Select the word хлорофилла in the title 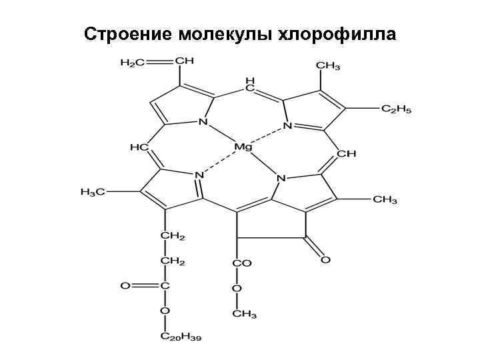pyautogui.click(x=337, y=33)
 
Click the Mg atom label pyautogui.click(x=243, y=145)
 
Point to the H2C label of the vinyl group pyautogui.click(x=131, y=63)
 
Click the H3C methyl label pyautogui.click(x=93, y=192)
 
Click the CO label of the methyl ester pyautogui.click(x=241, y=263)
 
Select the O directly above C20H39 pyautogui.click(x=164, y=311)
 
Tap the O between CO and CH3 pyautogui.click(x=235, y=289)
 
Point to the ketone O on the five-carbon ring pyautogui.click(x=325, y=259)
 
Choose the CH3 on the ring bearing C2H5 pyautogui.click(x=327, y=67)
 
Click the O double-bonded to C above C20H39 pyautogui.click(x=125, y=287)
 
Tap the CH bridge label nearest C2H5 pyautogui.click(x=347, y=153)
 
